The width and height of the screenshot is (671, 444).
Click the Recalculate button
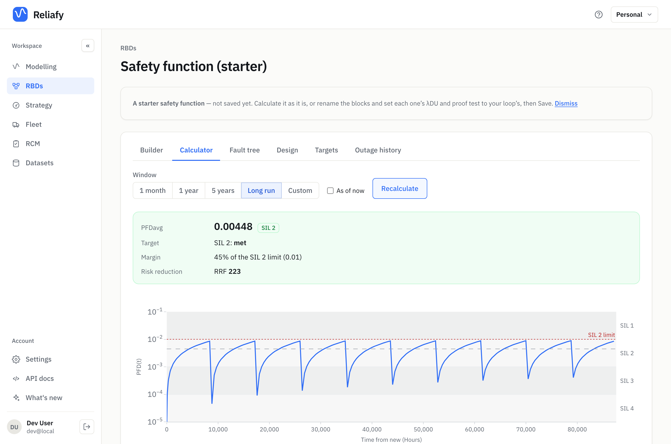click(x=399, y=189)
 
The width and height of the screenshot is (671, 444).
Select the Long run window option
click(x=261, y=191)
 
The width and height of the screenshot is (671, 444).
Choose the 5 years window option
click(x=223, y=191)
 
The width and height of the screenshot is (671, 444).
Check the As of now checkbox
click(x=330, y=191)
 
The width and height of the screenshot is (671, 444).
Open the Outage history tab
click(x=378, y=150)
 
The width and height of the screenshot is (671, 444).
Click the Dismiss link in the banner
click(x=566, y=103)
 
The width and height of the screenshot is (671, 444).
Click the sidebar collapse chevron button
click(x=88, y=46)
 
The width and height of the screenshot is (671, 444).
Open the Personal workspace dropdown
click(x=634, y=15)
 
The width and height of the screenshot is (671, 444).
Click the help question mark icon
click(x=598, y=15)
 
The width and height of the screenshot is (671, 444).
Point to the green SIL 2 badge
click(x=268, y=228)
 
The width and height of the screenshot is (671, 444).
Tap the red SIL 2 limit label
click(x=601, y=335)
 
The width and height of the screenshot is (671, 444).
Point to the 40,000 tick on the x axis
click(x=372, y=429)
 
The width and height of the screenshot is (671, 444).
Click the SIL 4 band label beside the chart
click(x=627, y=408)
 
